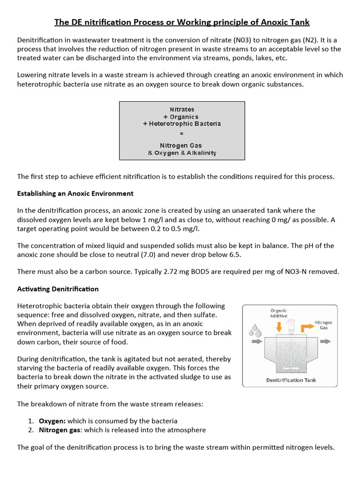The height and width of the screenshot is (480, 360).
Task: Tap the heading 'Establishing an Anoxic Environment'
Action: pos(75,193)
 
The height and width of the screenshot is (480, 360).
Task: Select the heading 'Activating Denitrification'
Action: pos(58,288)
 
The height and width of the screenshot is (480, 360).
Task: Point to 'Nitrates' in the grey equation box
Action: pos(182,109)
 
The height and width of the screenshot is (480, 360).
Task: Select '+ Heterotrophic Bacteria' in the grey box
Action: pos(182,124)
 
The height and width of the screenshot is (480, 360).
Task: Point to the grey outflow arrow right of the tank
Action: pos(323,343)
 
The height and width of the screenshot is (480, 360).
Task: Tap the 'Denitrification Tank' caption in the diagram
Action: pos(291,380)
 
